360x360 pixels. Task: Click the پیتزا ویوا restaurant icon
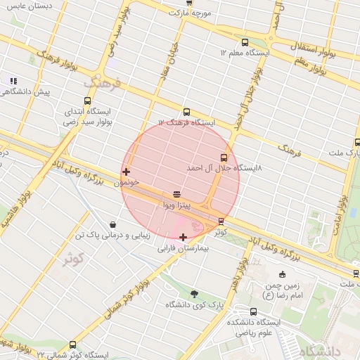[176, 195]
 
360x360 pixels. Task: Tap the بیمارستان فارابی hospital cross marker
[184, 237]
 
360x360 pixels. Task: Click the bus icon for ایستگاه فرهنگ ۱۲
[186, 112]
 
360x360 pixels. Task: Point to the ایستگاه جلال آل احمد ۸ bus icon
[224, 157]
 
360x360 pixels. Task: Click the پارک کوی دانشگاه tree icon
[194, 294]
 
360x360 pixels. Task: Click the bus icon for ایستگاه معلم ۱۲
[245, 42]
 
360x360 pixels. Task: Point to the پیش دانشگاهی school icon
[13, 81]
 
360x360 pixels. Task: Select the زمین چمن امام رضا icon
[282, 274]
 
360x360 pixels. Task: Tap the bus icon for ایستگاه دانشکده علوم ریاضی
[254, 311]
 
